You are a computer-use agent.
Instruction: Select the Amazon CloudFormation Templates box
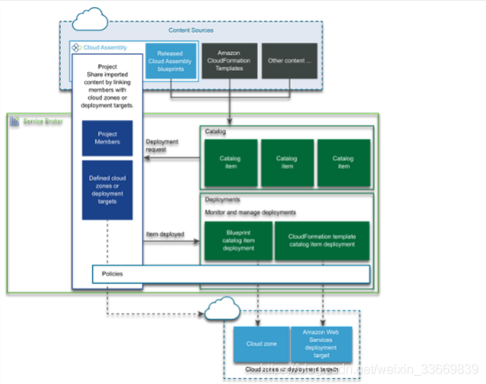pos(229,61)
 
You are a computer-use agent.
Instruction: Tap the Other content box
pos(290,61)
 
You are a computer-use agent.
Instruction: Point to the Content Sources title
pos(191,30)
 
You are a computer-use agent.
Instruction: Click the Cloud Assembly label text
pos(105,47)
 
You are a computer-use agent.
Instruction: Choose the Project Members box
pos(107,139)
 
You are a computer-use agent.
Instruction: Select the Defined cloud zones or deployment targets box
pos(107,190)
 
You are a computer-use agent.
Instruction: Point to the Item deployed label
pos(164,235)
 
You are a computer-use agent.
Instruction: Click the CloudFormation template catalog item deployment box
pos(321,241)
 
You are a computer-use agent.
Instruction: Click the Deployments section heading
pos(221,198)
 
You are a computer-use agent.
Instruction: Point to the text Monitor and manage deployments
pos(251,212)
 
